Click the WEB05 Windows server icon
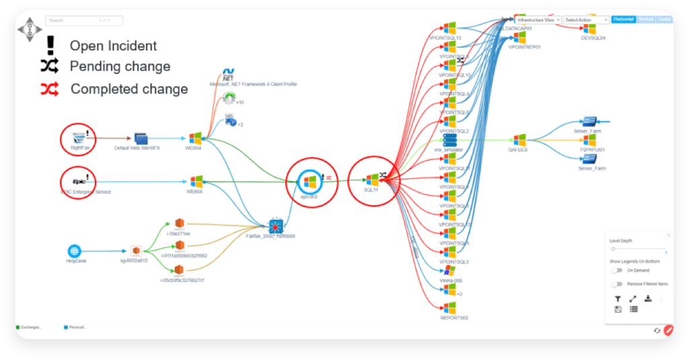coord(196,181)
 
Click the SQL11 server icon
coord(372,180)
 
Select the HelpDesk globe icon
coord(74,250)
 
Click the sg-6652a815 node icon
coord(135,250)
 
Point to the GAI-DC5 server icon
coord(519,140)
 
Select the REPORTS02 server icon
coord(449,308)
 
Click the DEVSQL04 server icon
coord(590,28)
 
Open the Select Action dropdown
coord(586,20)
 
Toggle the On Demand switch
coord(616,270)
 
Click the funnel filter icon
coord(618,299)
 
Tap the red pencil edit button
coord(668,330)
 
